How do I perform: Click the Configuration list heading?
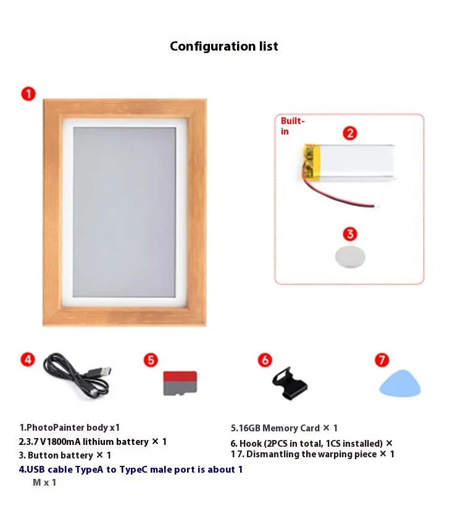(223, 46)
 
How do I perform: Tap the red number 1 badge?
(28, 94)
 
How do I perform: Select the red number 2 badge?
(350, 133)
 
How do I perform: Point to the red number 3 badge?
(350, 234)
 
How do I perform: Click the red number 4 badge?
(28, 360)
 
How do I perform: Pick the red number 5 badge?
(151, 360)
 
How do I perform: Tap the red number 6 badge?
(265, 360)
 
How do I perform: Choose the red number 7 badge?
(382, 360)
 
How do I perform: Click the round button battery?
(350, 257)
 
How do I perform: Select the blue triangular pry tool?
(400, 384)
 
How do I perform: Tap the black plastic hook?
(290, 384)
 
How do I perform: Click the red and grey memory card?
(180, 383)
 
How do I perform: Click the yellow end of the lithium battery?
(312, 163)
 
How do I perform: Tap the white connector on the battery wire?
(377, 206)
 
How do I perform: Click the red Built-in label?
(293, 126)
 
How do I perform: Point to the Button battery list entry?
(65, 455)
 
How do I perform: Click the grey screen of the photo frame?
(124, 212)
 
